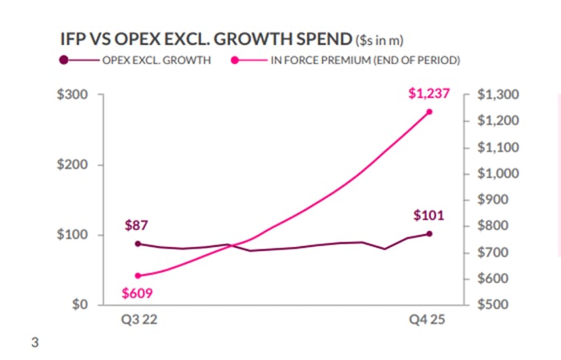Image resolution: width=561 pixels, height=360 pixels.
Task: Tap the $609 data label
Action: (x=137, y=293)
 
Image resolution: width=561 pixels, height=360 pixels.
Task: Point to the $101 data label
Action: (x=429, y=215)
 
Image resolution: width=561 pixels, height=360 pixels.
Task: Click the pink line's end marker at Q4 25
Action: (x=429, y=111)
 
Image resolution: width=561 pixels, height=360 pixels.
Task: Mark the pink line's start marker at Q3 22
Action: (x=138, y=276)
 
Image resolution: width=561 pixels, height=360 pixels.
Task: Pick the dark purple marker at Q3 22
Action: (x=138, y=244)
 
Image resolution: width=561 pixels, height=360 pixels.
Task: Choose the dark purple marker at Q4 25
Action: (x=429, y=234)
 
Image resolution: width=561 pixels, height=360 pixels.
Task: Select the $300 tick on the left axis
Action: (x=74, y=95)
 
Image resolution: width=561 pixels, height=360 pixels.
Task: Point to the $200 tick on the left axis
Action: (x=74, y=165)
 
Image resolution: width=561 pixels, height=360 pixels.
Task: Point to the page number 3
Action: (x=34, y=344)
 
